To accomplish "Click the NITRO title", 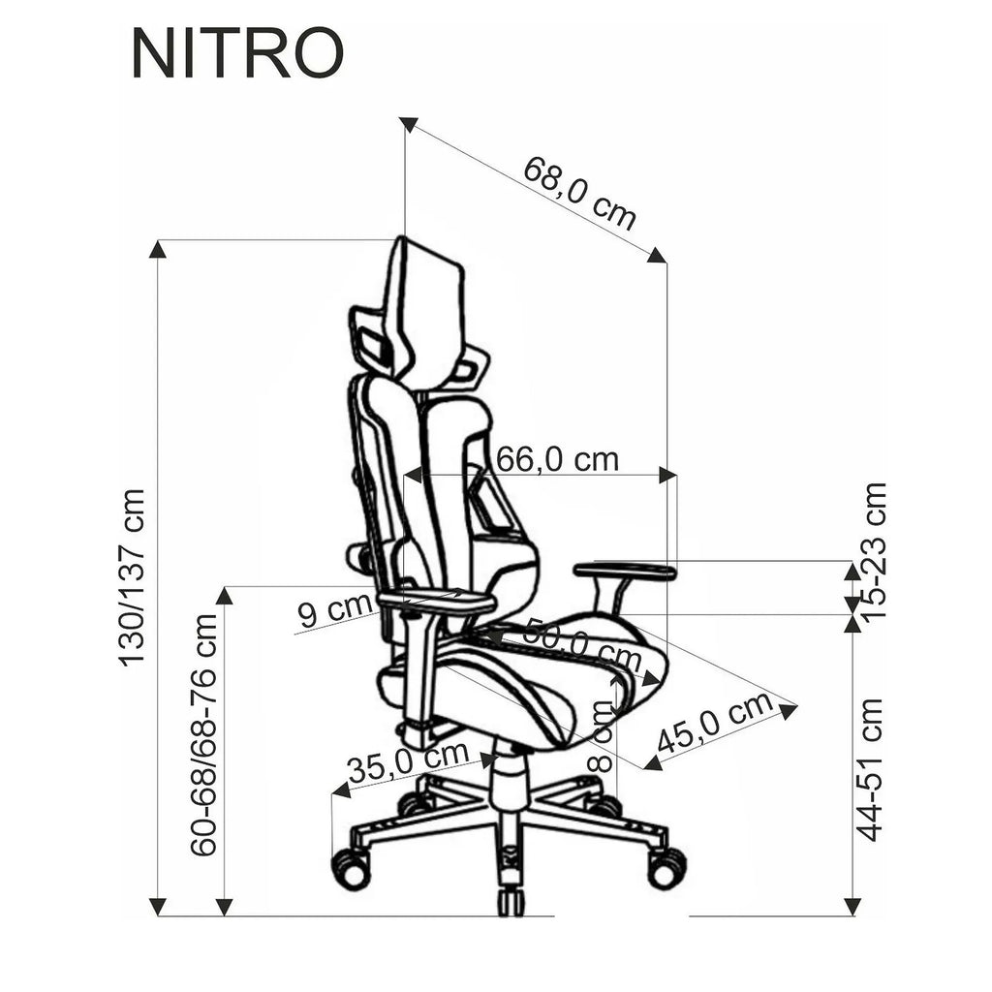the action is click(x=237, y=54).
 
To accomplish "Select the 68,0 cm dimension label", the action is click(x=579, y=193).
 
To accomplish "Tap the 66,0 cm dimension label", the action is click(x=557, y=460).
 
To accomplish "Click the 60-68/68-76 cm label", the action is click(x=204, y=734).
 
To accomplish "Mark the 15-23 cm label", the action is click(x=875, y=550).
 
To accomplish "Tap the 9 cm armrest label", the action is click(x=334, y=609).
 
